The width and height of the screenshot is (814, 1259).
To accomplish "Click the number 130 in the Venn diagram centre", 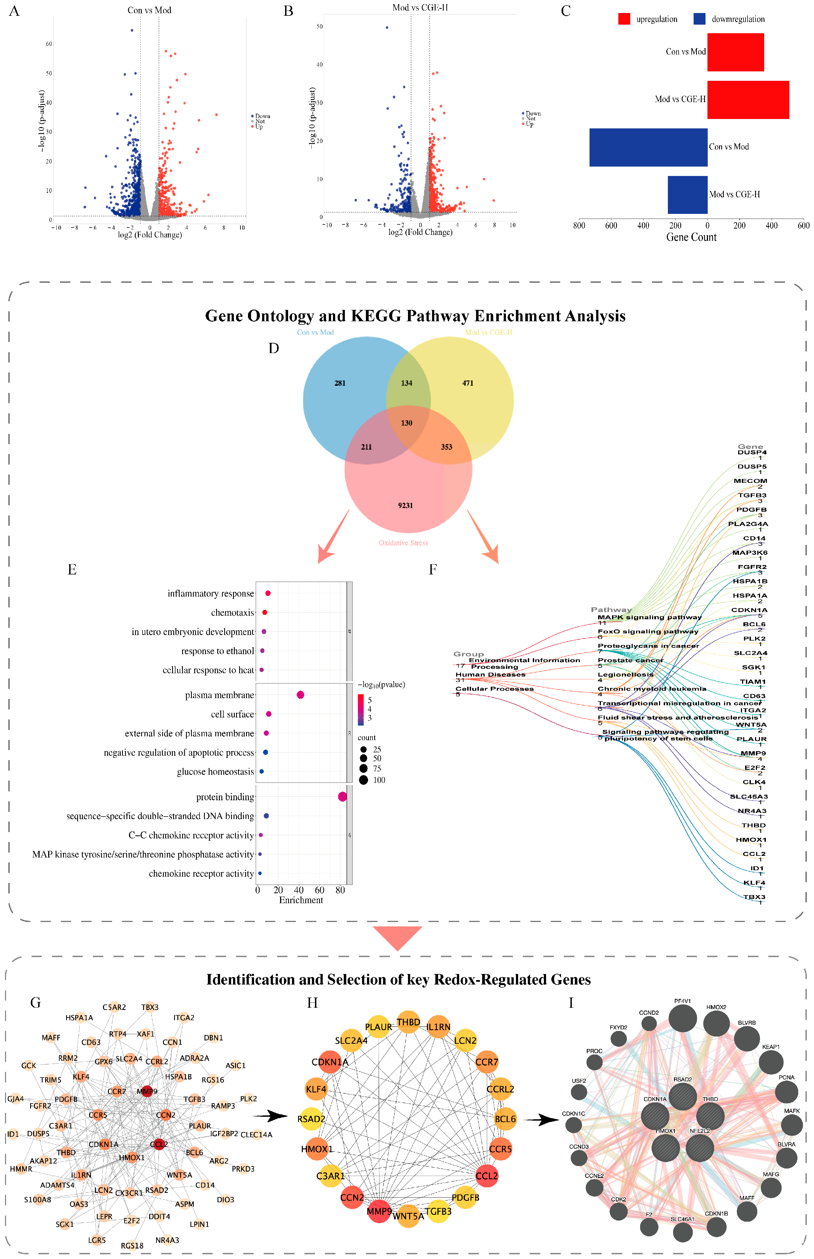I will pyautogui.click(x=407, y=423).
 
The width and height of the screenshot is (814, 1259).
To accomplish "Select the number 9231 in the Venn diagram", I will pyautogui.click(x=405, y=506).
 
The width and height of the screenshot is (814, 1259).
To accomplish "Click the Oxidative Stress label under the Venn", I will pyautogui.click(x=403, y=543).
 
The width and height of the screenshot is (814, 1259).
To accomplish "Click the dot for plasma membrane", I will pyautogui.click(x=300, y=695).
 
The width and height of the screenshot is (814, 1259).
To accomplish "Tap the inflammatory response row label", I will pyautogui.click(x=210, y=593).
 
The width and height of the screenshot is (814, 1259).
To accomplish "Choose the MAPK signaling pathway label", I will pyautogui.click(x=649, y=617).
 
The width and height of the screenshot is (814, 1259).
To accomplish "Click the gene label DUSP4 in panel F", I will pyautogui.click(x=752, y=452).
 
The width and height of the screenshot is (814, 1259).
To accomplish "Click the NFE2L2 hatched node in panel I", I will pyautogui.click(x=699, y=1148).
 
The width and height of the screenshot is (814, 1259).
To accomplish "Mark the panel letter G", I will pyautogui.click(x=35, y=1002).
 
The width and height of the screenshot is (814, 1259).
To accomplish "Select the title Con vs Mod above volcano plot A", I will pyautogui.click(x=149, y=10).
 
